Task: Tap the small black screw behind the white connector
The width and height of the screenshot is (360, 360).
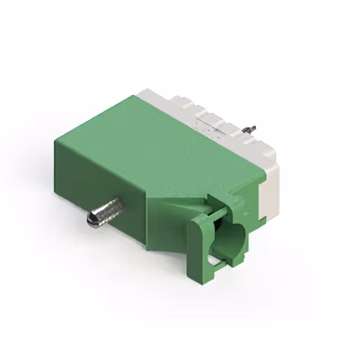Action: point(252,128)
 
